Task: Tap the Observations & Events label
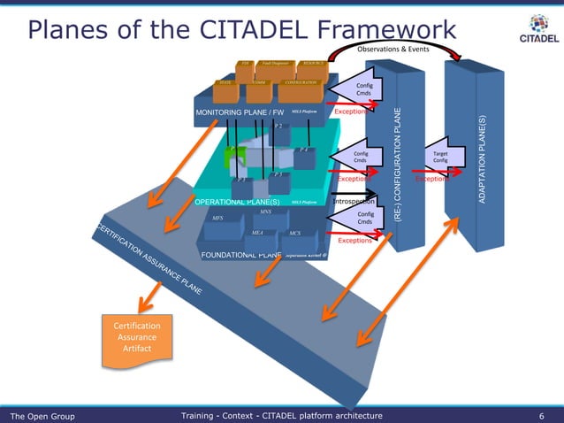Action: tap(393, 49)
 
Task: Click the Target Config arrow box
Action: tap(440, 156)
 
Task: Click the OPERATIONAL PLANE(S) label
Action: tap(237, 202)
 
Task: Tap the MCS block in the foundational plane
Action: tap(294, 234)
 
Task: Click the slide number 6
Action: tap(541, 415)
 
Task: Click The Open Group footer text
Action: tap(42, 415)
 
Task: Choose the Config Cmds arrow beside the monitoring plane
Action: tap(361, 90)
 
